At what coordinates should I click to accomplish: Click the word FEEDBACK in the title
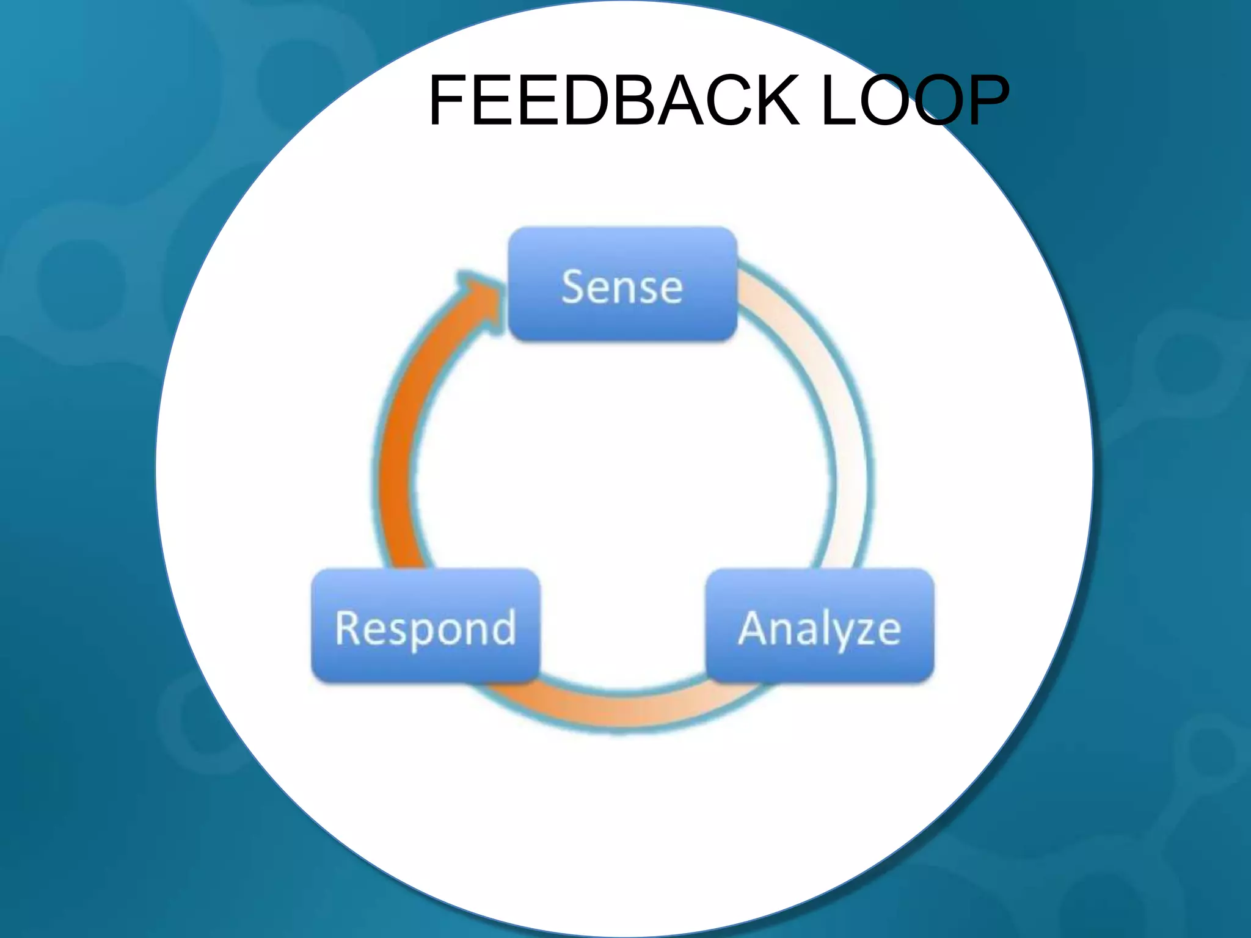(x=614, y=100)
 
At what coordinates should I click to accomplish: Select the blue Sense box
(x=622, y=285)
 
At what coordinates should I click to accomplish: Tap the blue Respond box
(x=425, y=627)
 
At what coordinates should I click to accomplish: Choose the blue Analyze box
(x=820, y=627)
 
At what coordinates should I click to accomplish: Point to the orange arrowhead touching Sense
(x=483, y=299)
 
